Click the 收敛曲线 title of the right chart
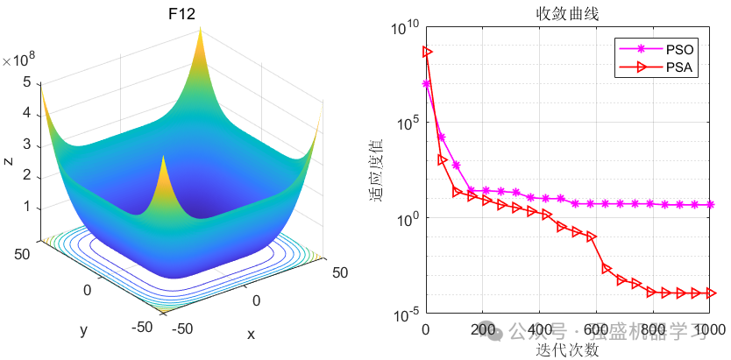pyautogui.click(x=567, y=14)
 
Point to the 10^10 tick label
pyautogui.click(x=404, y=29)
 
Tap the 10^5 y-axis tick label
pyautogui.click(x=406, y=124)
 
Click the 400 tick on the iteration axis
pyautogui.click(x=538, y=329)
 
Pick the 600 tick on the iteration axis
pyautogui.click(x=595, y=329)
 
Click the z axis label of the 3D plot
pyautogui.click(x=8, y=161)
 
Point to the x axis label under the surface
pyautogui.click(x=251, y=334)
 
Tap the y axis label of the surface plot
pyautogui.click(x=84, y=329)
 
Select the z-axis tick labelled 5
pyautogui.click(x=28, y=82)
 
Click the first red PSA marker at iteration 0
pyautogui.click(x=427, y=52)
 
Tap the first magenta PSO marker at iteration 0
pyautogui.click(x=427, y=84)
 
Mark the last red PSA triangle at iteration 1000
pyautogui.click(x=711, y=293)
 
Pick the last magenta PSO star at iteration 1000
pyautogui.click(x=711, y=204)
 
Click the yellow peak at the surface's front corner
pyautogui.click(x=165, y=162)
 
